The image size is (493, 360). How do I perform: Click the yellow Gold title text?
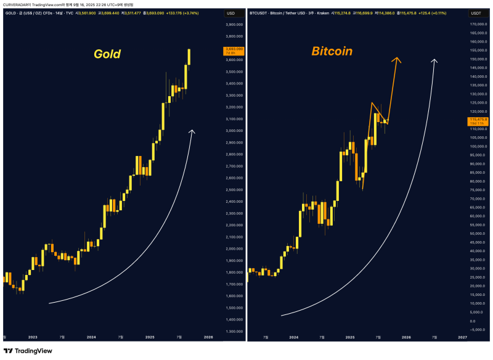[107, 54]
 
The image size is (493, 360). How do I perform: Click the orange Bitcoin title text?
[332, 51]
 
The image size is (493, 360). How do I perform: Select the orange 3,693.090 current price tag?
[235, 51]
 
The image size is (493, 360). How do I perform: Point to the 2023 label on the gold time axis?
[33, 337]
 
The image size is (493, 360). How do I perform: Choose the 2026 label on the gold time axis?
[208, 337]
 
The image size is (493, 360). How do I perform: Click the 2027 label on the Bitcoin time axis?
[462, 337]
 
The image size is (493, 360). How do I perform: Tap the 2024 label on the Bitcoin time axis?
[294, 337]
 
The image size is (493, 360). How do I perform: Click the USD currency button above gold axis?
[232, 12]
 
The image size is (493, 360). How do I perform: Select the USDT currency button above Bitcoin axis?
[476, 12]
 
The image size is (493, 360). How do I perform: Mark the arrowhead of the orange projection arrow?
[398, 59]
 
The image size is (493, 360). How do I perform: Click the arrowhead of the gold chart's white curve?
[192, 131]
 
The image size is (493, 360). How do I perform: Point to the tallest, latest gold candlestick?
[189, 57]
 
